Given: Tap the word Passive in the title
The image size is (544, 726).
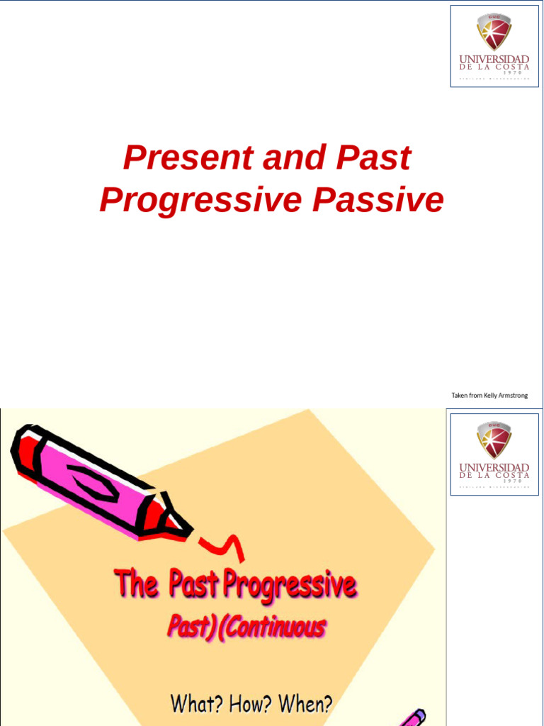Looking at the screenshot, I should pyautogui.click(x=378, y=201).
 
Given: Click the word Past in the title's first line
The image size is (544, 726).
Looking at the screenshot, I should pyautogui.click(x=373, y=158).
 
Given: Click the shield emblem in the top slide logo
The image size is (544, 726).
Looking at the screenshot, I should pyautogui.click(x=494, y=32).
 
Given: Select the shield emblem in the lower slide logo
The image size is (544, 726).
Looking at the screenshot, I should pyautogui.click(x=494, y=440).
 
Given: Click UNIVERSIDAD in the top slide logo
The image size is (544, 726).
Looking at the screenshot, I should pyautogui.click(x=494, y=59).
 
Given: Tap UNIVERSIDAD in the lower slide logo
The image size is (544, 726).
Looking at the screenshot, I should pyautogui.click(x=494, y=467).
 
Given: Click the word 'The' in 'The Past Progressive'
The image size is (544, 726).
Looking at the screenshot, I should pyautogui.click(x=137, y=585).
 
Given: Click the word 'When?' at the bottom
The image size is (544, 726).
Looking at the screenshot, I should pyautogui.click(x=305, y=704).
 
